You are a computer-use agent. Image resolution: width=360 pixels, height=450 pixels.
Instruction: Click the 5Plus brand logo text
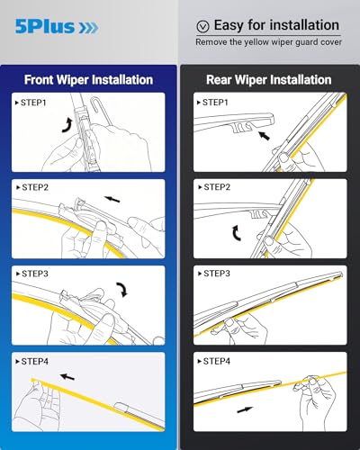tap(42, 28)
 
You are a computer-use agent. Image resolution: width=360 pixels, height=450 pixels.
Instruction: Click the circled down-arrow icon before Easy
tap(202, 26)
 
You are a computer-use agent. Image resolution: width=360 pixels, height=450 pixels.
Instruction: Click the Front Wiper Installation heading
tap(89, 79)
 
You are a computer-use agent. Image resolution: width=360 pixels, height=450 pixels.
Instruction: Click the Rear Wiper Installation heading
tap(269, 79)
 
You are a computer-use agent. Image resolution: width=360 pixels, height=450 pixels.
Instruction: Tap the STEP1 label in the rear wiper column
tap(214, 103)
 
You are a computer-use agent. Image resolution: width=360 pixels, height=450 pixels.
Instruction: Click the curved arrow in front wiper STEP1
tap(66, 124)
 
